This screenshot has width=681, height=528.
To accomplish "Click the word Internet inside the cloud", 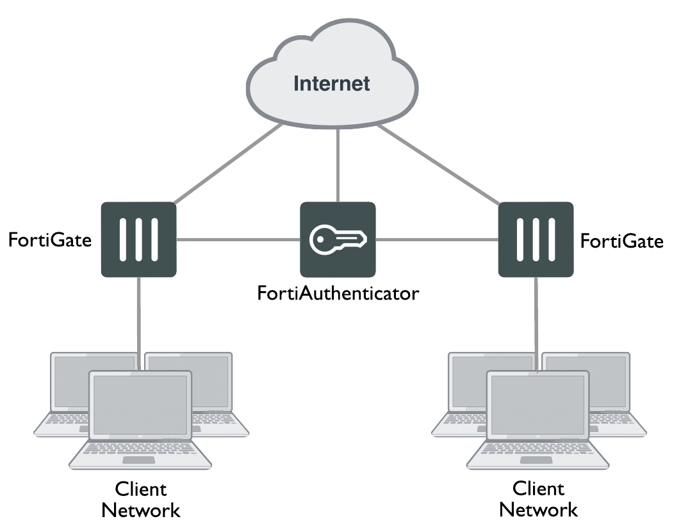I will [x=331, y=83].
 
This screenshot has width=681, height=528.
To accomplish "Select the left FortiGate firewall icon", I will [x=138, y=239].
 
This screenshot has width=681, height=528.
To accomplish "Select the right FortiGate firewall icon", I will [x=536, y=239].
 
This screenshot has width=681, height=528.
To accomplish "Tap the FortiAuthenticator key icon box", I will [x=338, y=239].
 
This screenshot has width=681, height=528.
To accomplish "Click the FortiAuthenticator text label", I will [x=338, y=294].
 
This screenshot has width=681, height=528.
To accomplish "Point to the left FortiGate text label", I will [x=50, y=241].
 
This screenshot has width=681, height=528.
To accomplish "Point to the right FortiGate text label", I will [x=621, y=241].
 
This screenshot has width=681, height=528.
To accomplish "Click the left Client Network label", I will [x=141, y=500].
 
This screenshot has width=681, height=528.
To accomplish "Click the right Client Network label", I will [x=538, y=500].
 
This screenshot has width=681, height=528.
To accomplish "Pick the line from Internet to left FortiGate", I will [x=227, y=164].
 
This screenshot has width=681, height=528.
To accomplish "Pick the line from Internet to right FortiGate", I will [x=439, y=164].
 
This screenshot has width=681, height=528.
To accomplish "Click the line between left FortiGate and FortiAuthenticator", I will [x=238, y=241].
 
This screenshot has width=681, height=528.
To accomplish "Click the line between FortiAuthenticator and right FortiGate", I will [x=438, y=241].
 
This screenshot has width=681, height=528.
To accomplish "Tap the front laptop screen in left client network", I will [x=140, y=406].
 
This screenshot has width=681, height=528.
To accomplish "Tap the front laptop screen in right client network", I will [x=537, y=406].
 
